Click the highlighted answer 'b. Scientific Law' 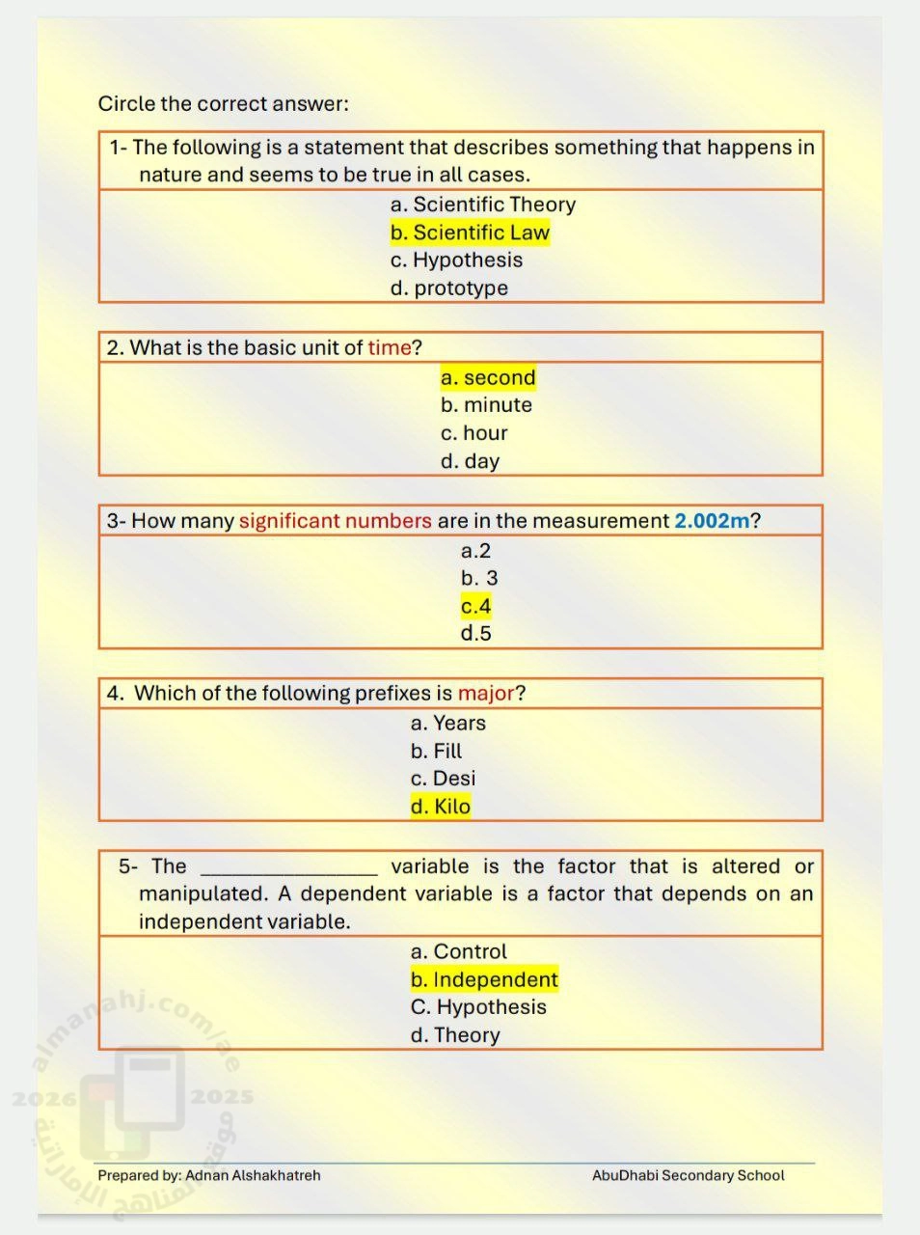click(470, 233)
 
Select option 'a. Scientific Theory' click(482, 205)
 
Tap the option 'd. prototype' click(448, 288)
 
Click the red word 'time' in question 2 click(389, 347)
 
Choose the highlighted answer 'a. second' click(488, 377)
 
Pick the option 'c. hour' click(474, 433)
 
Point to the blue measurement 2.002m click(712, 521)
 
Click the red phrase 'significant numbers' click(335, 521)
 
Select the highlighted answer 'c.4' click(475, 606)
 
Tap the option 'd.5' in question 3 click(475, 634)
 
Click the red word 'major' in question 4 click(486, 693)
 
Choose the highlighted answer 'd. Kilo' click(441, 807)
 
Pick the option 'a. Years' click(447, 723)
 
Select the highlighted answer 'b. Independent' click(484, 979)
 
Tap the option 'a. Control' click(458, 951)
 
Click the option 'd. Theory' click(455, 1035)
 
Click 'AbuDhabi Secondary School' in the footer click(688, 1175)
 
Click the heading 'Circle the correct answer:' click(223, 103)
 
